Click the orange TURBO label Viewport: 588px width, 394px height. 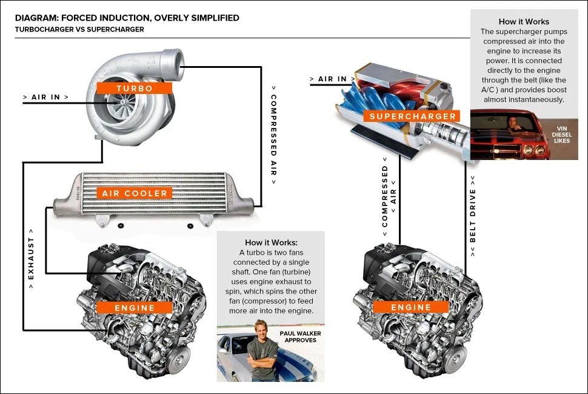135,88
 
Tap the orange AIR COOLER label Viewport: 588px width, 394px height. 135,193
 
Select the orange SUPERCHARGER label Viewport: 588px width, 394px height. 412,116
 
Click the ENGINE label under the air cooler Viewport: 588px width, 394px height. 135,307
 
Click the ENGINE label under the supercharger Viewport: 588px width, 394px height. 411,307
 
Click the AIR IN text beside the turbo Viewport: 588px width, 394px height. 45,97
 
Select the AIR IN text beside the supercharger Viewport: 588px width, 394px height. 332,79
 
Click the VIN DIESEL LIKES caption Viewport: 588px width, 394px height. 562,135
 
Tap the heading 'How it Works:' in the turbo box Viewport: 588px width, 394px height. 270,242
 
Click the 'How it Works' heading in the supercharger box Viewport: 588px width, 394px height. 524,21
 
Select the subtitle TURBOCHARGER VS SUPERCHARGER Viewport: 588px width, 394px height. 79,29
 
